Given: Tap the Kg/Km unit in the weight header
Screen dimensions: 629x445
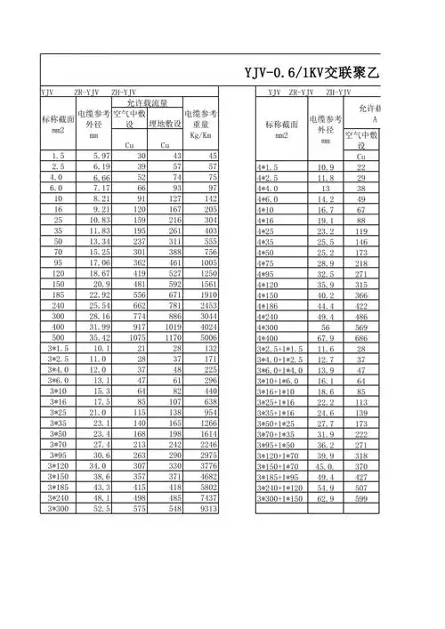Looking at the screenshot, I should click(x=200, y=135).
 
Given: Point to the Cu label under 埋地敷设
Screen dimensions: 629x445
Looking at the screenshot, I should click(x=164, y=145).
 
